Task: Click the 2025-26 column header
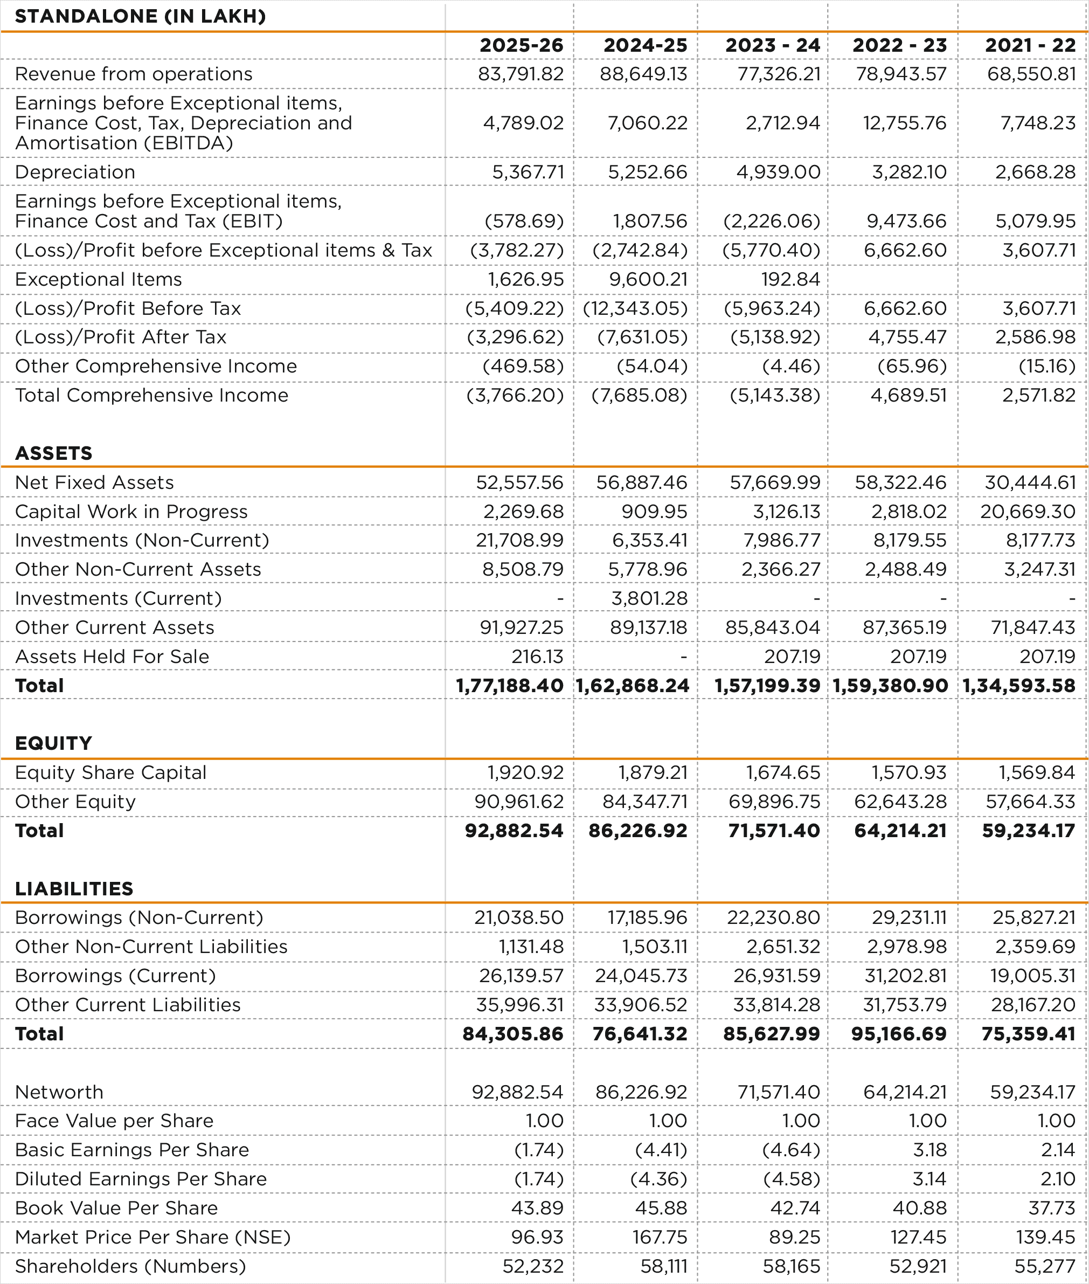click(522, 45)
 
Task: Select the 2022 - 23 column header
click(899, 45)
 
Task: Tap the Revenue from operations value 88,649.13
click(644, 74)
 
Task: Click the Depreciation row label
click(75, 172)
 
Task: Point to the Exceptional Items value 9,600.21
click(648, 279)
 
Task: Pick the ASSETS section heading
click(54, 453)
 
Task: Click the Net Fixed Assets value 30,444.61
click(1030, 482)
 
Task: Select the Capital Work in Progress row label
click(131, 512)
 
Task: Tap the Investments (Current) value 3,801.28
click(649, 598)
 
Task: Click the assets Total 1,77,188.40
click(510, 686)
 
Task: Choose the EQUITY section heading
click(54, 743)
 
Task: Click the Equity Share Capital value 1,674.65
click(783, 772)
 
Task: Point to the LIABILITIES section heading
click(74, 889)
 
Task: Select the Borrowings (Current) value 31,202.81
click(905, 976)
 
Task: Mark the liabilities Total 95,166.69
click(899, 1034)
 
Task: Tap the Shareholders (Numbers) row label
click(130, 1266)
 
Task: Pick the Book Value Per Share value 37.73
click(1052, 1208)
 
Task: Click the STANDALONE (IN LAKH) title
click(140, 16)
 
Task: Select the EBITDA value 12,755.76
click(905, 123)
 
